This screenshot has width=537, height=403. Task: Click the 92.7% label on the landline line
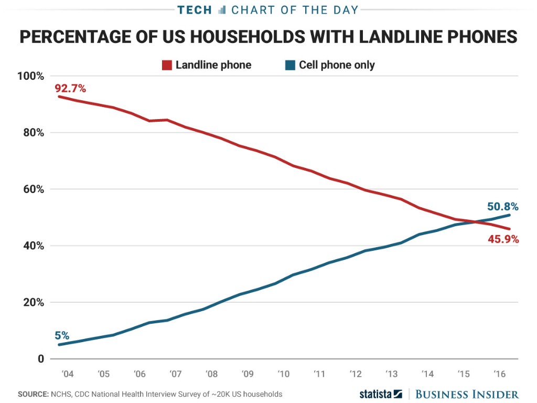point(70,88)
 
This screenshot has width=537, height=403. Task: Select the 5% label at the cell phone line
point(62,336)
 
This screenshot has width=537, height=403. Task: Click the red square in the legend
point(167,65)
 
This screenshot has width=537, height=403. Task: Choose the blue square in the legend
point(289,65)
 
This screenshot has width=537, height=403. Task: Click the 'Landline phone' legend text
point(213,65)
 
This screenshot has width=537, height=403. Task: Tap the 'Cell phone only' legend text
point(337,65)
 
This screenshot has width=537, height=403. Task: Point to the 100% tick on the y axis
point(30,76)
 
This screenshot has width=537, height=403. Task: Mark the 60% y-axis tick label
point(33,189)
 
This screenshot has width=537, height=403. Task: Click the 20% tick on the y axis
point(33,303)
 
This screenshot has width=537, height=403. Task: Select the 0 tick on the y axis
point(40,359)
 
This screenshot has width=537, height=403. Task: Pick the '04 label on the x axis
point(67,375)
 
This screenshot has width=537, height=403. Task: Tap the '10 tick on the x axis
point(284,375)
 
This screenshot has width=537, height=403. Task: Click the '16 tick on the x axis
point(500,375)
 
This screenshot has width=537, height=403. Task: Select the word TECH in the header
point(195,9)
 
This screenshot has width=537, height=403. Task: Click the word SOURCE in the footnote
point(33,394)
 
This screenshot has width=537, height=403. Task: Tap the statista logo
point(380,394)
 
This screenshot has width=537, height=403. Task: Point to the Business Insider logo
point(467,394)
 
